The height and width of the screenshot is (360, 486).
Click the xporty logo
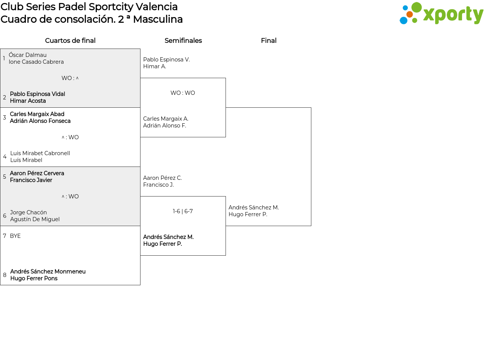[x=441, y=13]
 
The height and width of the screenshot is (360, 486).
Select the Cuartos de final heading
[x=70, y=41]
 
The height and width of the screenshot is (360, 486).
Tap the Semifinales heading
[x=183, y=41]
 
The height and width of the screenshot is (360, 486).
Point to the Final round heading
[x=269, y=41]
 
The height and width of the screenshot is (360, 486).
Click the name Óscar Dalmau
[x=28, y=55]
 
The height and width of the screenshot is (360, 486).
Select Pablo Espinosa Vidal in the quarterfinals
[x=38, y=94]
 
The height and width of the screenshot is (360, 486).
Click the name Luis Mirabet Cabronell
[x=40, y=153]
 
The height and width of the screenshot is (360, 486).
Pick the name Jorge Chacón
[x=28, y=212]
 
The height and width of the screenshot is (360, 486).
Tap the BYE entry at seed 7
[x=15, y=236]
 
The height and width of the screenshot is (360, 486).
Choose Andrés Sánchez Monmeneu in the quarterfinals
[x=48, y=271]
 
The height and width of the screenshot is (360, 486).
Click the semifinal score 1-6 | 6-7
[x=183, y=211]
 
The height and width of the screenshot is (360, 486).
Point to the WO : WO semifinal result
[x=183, y=93]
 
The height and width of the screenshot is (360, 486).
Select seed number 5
[x=5, y=176]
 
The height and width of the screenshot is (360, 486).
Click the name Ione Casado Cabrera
[x=36, y=62]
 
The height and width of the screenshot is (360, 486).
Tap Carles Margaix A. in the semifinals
[x=166, y=119]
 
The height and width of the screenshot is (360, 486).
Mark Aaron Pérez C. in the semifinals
[x=163, y=178]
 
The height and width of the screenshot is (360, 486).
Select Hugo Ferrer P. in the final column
[x=248, y=214]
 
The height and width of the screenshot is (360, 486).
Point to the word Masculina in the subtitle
[x=158, y=19]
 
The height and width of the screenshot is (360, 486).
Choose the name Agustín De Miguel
[x=35, y=219]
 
